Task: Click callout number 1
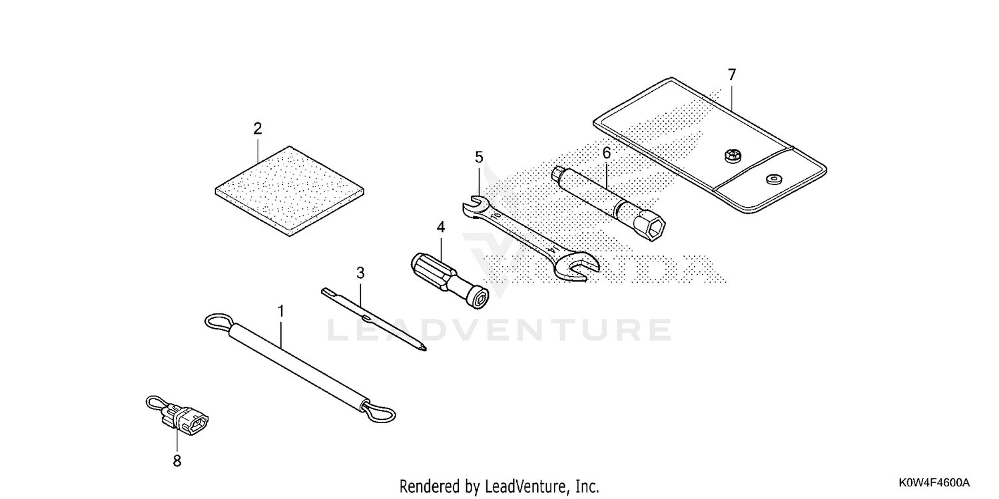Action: [281, 311]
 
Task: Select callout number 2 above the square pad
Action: [257, 129]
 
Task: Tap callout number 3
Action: [360, 273]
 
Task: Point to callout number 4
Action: [441, 228]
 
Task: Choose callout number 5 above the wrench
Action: [479, 157]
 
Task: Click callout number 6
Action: [607, 153]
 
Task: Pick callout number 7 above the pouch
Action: [732, 75]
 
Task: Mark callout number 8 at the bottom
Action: [177, 461]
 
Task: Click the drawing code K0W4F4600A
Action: [934, 482]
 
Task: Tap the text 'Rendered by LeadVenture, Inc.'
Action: [499, 486]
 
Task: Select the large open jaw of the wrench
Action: [579, 267]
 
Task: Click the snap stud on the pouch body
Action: [732, 156]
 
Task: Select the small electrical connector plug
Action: [185, 418]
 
